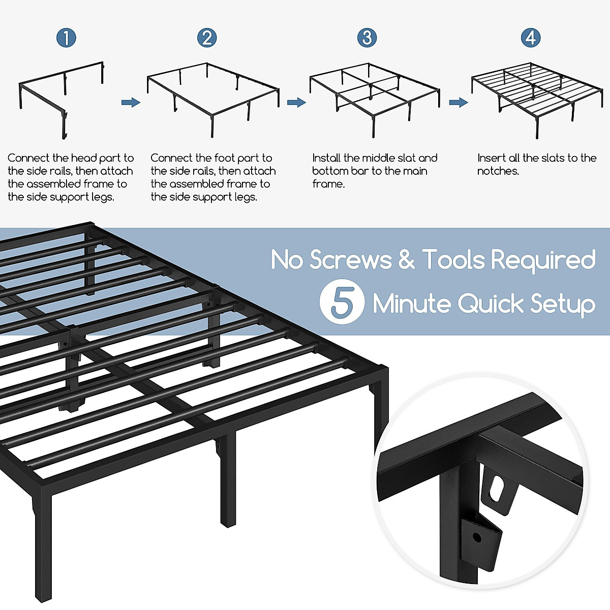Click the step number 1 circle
[66, 38]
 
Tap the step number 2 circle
[207, 38]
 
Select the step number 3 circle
[367, 38]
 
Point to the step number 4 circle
[531, 38]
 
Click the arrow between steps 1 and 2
[131, 103]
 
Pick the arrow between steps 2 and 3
[296, 103]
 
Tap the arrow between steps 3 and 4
[458, 103]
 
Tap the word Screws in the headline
[351, 260]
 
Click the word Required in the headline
[543, 260]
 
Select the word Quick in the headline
[491, 304]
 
